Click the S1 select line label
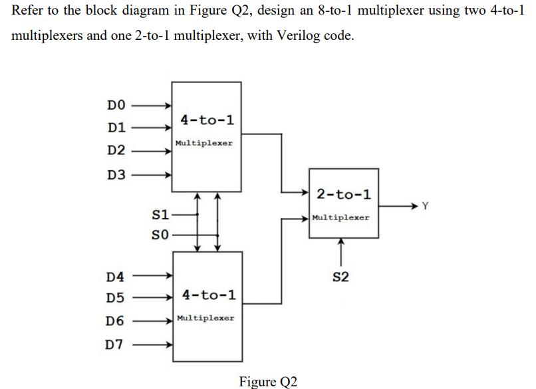[160, 215]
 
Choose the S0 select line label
[160, 235]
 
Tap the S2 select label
[340, 277]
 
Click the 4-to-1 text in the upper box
[207, 120]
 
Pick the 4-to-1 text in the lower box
[208, 295]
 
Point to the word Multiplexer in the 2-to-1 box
[340, 217]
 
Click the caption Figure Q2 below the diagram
[268, 381]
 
